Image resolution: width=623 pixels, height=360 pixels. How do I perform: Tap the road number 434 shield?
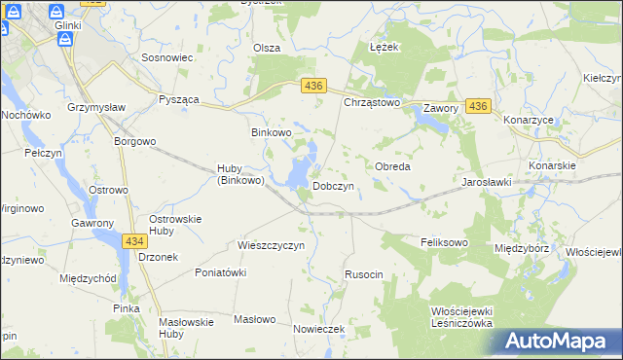tap(135, 239)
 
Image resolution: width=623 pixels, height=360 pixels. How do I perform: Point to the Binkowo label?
tap(272, 132)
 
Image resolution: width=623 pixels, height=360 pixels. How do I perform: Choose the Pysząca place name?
tap(180, 100)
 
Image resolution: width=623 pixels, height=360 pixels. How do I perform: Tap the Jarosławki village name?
tap(488, 182)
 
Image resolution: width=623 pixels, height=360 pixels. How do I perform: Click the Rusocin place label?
tap(364, 275)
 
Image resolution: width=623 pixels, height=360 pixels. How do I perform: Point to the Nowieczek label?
tap(319, 329)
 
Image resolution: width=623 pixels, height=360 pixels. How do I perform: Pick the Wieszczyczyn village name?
tap(272, 245)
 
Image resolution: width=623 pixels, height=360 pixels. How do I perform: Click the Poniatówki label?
tap(220, 272)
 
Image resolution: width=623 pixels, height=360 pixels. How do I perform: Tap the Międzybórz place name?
tap(522, 248)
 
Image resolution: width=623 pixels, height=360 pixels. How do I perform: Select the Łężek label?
tap(386, 47)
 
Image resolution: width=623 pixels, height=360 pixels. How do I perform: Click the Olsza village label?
tap(267, 48)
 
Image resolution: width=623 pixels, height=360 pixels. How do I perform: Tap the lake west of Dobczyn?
tap(301, 168)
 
